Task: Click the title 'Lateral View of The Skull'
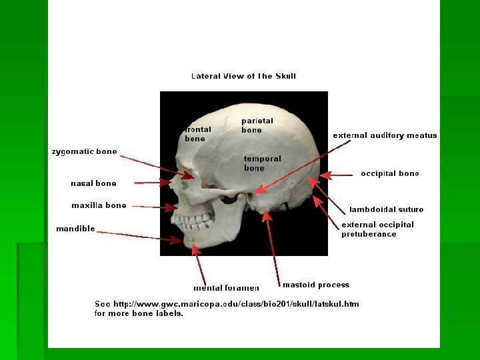point(243,76)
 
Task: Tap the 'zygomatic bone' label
point(85,151)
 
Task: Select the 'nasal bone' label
point(93,183)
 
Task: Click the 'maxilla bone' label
point(99,205)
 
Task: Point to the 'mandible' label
point(75,229)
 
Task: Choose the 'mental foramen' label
point(226,288)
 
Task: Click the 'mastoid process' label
point(316,285)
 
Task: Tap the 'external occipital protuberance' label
point(377,229)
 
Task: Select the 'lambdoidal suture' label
point(387,209)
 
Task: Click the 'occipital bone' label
point(390,173)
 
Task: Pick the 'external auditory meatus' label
point(385,135)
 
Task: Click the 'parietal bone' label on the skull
point(257,125)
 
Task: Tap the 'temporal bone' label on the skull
point(263,163)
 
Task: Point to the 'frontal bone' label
point(198,134)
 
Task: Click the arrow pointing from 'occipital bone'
point(336,175)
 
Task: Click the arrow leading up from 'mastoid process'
point(272,247)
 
